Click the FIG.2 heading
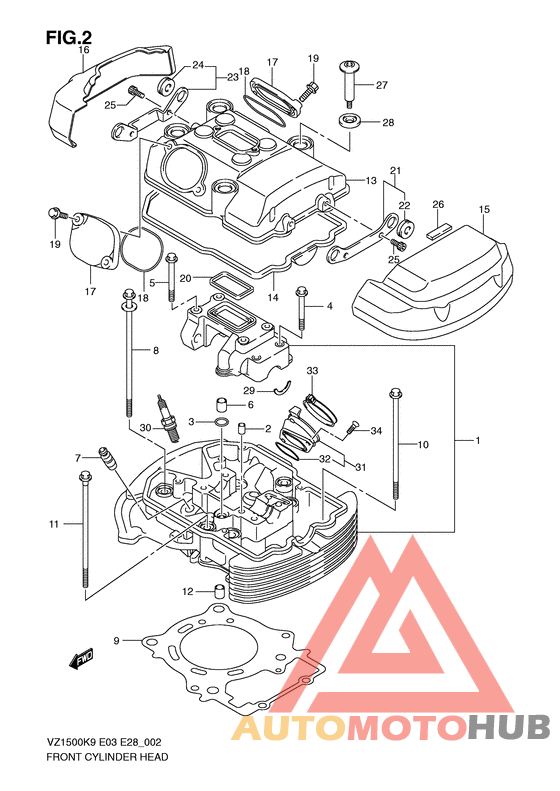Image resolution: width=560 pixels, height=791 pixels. [x=69, y=36]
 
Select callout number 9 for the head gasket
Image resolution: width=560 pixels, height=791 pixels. [x=117, y=641]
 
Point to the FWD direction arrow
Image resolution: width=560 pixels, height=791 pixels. [x=82, y=657]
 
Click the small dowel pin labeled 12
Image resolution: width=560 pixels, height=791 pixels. [x=219, y=590]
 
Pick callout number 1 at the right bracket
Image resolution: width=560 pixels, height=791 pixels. [x=478, y=440]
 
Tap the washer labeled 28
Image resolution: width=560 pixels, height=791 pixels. [x=350, y=121]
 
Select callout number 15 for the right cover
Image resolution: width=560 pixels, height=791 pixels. [x=484, y=209]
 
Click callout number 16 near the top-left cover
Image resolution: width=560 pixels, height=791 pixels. [x=84, y=49]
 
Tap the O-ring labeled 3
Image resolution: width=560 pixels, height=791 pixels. [x=221, y=421]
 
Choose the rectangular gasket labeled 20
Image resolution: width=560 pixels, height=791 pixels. [x=231, y=285]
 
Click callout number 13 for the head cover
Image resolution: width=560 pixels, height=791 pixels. [x=371, y=180]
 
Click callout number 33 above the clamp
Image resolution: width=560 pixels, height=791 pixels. [x=312, y=371]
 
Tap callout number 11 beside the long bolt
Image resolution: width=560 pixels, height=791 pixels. [x=54, y=524]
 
